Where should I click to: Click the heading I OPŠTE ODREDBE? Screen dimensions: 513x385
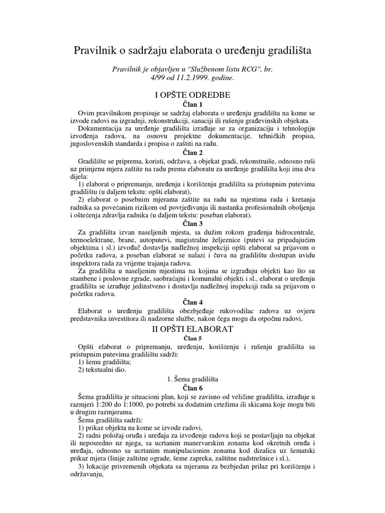192,94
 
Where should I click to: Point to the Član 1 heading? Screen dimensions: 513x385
192,104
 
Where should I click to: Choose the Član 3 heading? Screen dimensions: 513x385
192,223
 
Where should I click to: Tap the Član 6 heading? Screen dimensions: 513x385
192,388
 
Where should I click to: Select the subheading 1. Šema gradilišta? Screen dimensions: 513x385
192,379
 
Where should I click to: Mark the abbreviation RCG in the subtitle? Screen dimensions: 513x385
253,70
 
